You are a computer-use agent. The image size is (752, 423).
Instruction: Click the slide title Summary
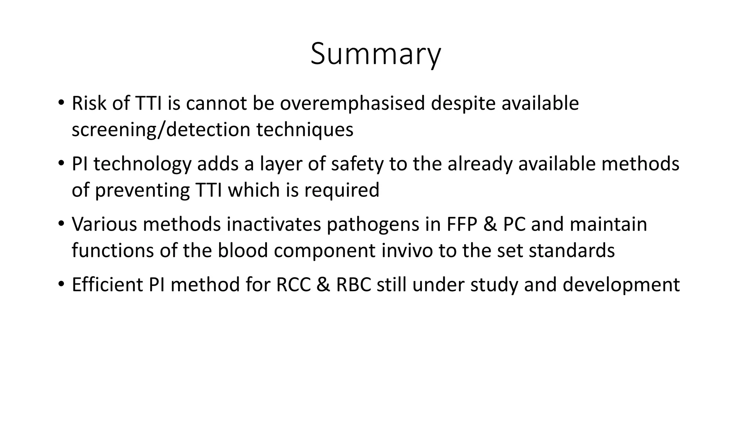click(x=376, y=54)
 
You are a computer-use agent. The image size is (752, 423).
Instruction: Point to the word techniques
click(x=304, y=130)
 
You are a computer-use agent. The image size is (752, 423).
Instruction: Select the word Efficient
click(x=107, y=285)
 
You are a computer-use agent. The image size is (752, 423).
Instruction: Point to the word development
click(x=621, y=285)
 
